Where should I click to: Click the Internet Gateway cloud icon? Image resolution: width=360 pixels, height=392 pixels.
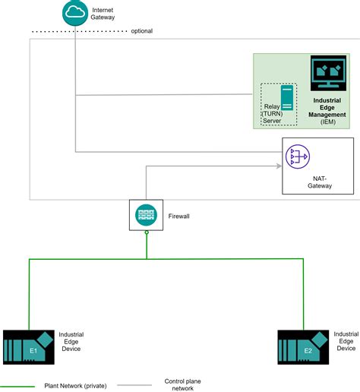point(75,12)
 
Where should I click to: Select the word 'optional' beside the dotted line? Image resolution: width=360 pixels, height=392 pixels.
point(141,31)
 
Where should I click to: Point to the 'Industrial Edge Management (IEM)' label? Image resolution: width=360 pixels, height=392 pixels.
point(327,110)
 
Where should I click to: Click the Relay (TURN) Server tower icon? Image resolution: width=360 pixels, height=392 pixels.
point(286,100)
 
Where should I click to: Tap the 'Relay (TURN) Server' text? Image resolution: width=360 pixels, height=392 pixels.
point(273,113)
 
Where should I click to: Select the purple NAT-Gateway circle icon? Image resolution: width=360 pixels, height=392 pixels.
point(295,156)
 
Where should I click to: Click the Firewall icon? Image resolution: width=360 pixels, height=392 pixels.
point(146,215)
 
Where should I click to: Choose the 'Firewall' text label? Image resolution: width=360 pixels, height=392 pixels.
point(178,217)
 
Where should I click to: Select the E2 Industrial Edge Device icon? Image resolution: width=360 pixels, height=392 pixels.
point(303,346)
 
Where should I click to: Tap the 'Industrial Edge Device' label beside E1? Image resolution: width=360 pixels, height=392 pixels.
point(71,340)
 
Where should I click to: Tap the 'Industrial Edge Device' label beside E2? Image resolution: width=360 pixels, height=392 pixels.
point(346,340)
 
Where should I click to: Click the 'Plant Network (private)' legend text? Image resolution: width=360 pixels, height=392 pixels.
point(74,385)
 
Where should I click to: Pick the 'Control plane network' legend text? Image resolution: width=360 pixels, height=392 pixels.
point(182,384)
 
